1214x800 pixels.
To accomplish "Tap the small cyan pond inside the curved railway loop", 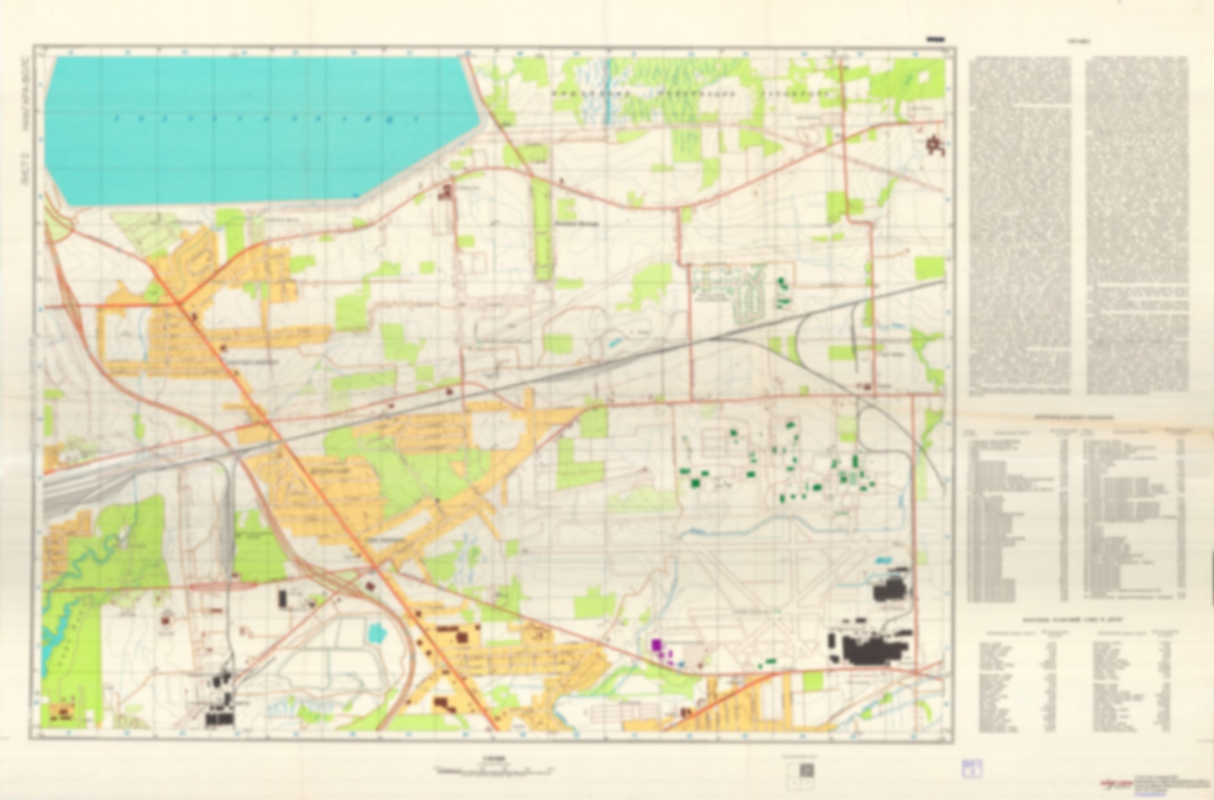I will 377,634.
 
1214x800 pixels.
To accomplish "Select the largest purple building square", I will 656,644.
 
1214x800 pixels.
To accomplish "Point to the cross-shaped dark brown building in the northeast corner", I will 934,145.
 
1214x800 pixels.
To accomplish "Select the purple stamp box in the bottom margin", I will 971,768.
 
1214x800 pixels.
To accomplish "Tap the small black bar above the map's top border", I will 936,39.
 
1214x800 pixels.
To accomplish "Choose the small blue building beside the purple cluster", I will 681,663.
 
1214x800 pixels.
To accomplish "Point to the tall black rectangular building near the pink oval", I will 282,599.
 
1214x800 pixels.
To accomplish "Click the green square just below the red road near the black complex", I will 812,681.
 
